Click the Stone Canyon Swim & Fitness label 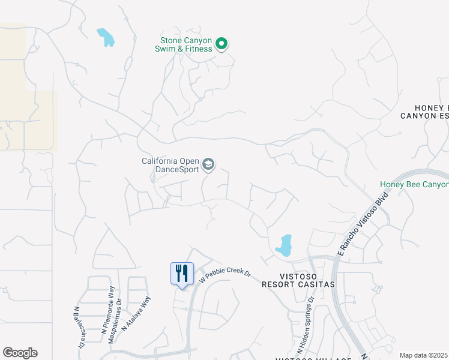[185, 44]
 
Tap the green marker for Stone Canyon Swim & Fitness [221, 43]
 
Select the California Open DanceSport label [170, 165]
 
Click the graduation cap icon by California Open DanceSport [208, 164]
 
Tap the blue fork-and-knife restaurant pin [182, 274]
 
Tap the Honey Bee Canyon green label [414, 185]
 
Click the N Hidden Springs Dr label [306, 324]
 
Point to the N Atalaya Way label [136, 314]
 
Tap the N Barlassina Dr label [78, 327]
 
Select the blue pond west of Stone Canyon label [106, 37]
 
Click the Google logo [20, 353]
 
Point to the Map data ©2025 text [423, 355]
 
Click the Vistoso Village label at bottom [313, 358]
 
